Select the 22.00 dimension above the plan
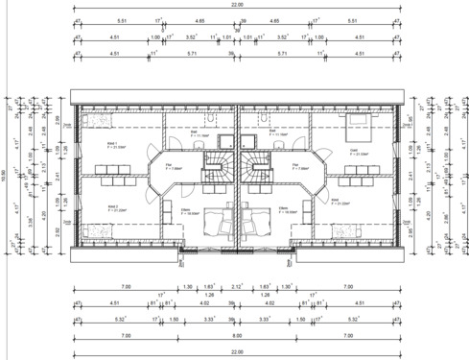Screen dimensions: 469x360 point(235,7)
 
